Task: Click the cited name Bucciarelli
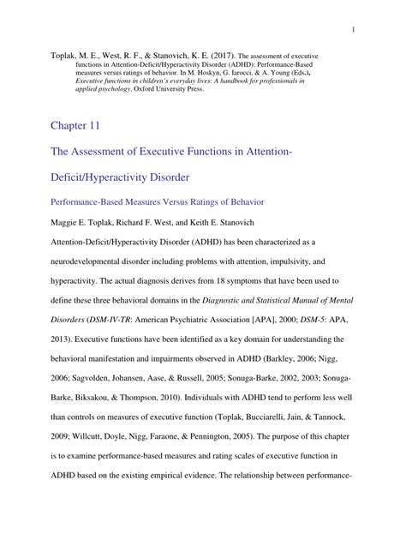[238, 414]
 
